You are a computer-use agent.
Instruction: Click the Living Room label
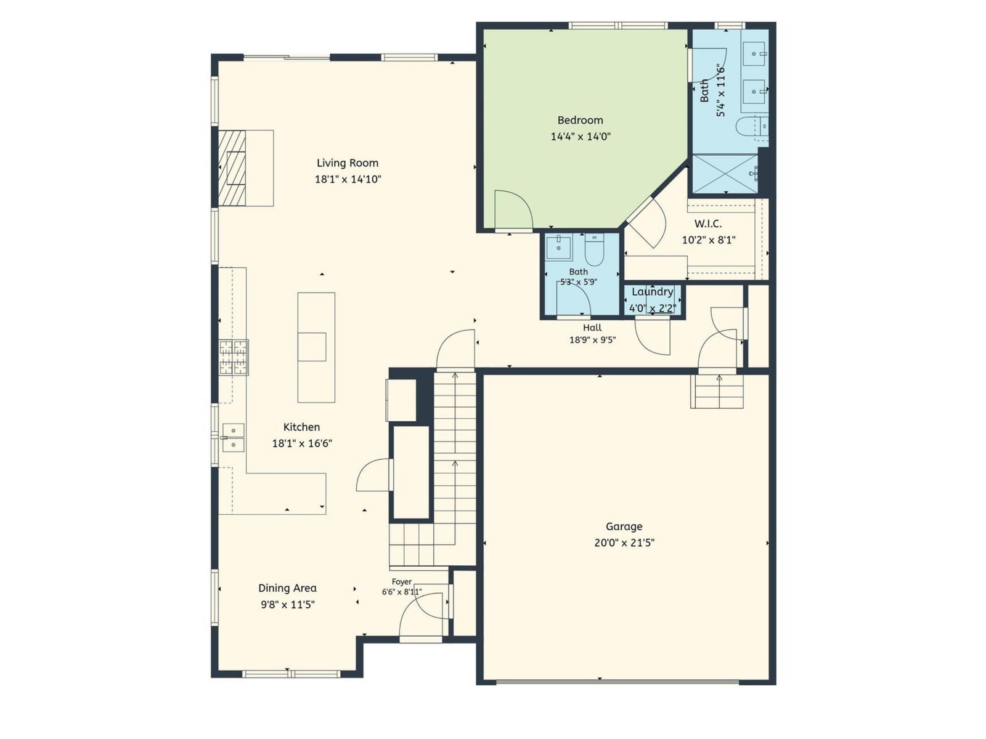point(347,163)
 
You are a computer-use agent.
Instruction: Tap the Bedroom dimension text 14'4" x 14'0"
point(581,136)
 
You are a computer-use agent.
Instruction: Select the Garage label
point(624,527)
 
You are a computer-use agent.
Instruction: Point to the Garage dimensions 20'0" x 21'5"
point(624,543)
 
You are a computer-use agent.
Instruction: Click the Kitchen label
point(301,427)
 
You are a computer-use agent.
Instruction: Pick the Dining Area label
point(288,588)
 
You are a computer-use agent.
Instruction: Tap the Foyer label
point(402,582)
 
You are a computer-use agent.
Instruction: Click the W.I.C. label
point(709,224)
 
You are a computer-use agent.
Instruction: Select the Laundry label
point(652,292)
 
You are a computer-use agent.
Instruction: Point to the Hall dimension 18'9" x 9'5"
point(592,340)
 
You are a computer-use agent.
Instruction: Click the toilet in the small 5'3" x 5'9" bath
point(595,251)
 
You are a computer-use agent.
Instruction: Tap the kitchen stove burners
point(234,357)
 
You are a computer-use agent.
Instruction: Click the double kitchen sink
point(233,437)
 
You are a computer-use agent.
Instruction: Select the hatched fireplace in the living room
point(232,168)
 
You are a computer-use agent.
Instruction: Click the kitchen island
point(316,348)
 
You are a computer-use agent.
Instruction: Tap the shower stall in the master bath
point(725,173)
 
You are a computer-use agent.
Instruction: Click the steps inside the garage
point(717,391)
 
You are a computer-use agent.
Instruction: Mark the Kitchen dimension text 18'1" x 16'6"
point(302,444)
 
